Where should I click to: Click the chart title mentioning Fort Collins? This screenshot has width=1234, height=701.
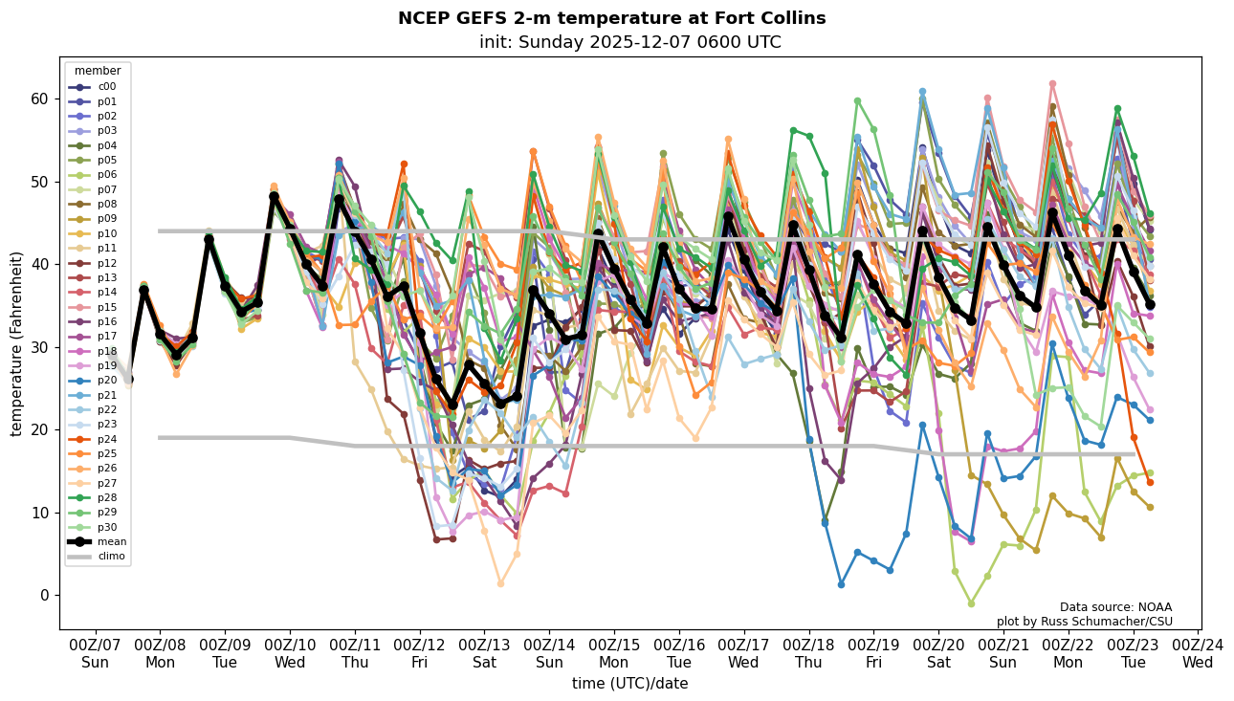(x=611, y=18)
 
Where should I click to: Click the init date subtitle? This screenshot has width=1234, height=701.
(x=629, y=42)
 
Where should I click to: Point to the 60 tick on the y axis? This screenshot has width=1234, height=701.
(x=38, y=99)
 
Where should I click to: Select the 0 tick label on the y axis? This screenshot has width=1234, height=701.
(x=43, y=595)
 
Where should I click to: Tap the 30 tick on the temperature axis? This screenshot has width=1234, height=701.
(x=38, y=347)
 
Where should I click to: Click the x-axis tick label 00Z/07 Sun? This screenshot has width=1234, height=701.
(x=95, y=653)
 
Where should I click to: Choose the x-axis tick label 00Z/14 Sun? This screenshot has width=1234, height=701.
(x=550, y=653)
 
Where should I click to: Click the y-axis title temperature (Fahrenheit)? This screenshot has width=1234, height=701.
(x=17, y=343)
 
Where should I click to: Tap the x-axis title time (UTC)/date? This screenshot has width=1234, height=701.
(x=629, y=683)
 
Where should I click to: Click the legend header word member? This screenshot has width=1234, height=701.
(x=98, y=71)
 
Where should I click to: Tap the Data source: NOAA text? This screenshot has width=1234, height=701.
(x=1115, y=607)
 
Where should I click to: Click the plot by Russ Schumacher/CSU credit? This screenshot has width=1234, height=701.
(x=1084, y=622)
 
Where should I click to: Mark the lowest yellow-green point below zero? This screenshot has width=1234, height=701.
(x=971, y=603)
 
